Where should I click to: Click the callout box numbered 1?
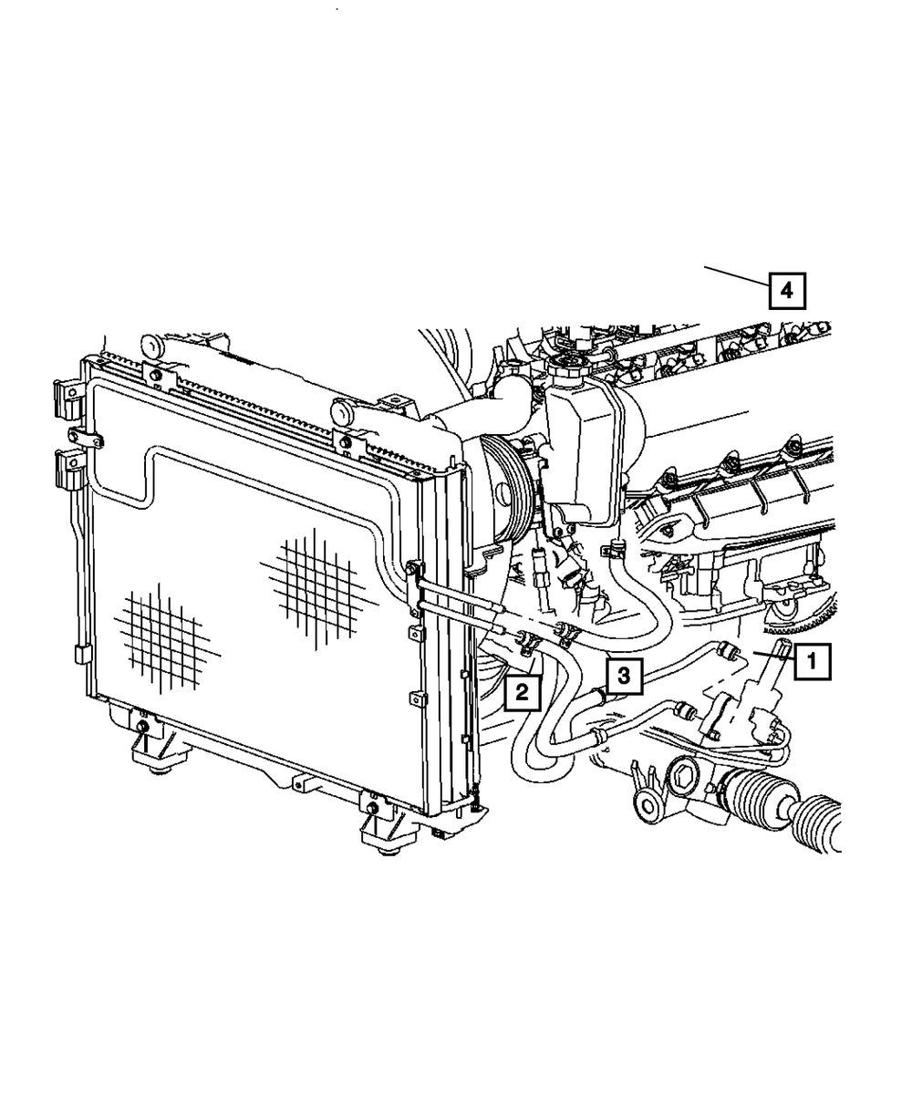click(x=812, y=662)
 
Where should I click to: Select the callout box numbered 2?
click(x=522, y=692)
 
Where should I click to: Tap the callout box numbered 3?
click(x=624, y=676)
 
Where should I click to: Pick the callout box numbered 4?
click(x=787, y=291)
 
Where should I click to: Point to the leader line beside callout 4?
click(x=737, y=276)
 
